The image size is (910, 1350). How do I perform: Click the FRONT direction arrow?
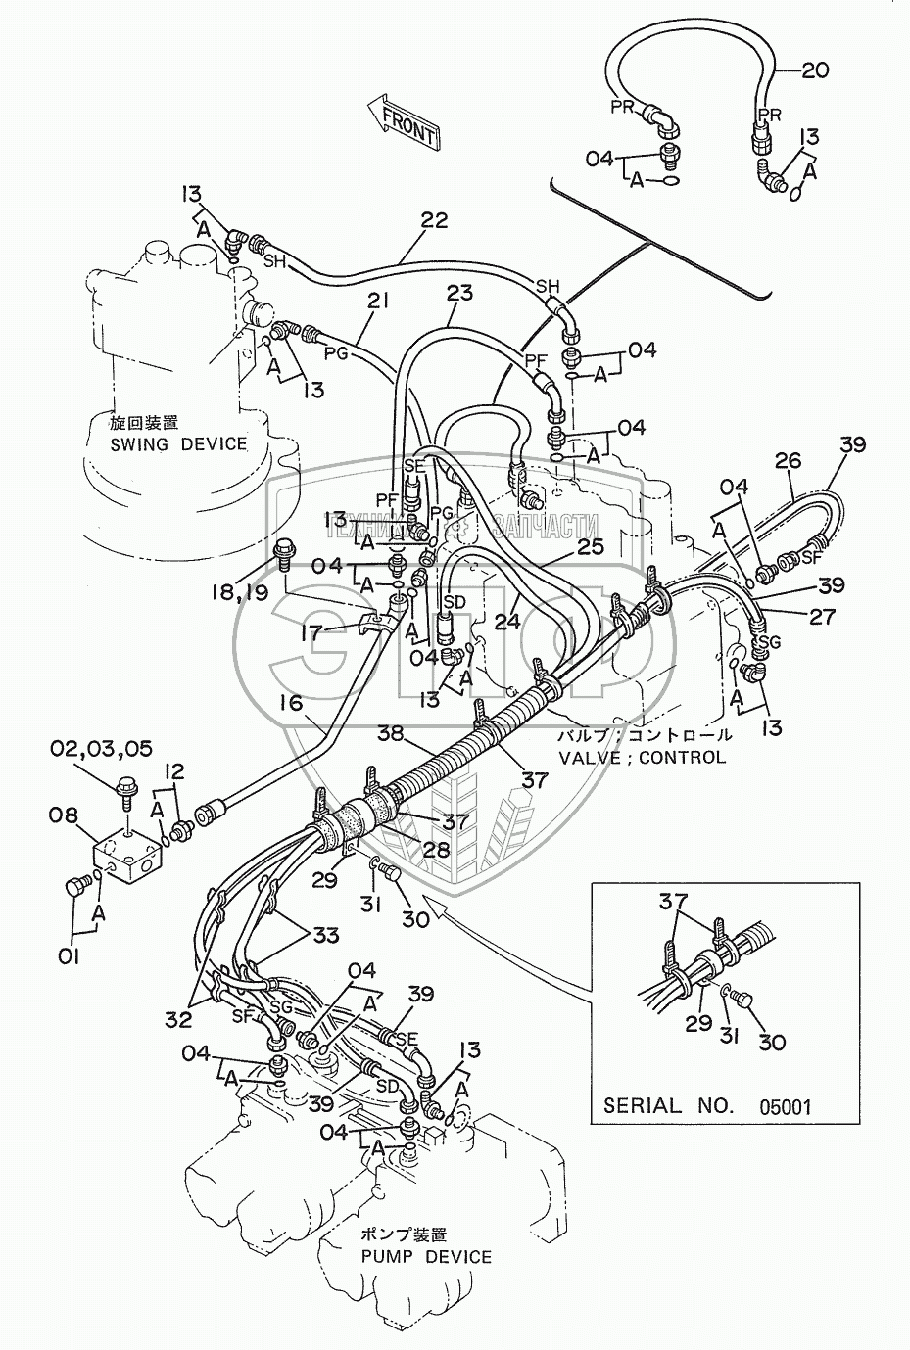pyautogui.click(x=402, y=122)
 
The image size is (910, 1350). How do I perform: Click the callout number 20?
pyautogui.click(x=814, y=70)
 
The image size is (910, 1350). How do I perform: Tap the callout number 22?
pyautogui.click(x=434, y=220)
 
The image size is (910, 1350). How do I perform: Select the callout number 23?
pyautogui.click(x=458, y=292)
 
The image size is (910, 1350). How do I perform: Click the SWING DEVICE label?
pyautogui.click(x=178, y=443)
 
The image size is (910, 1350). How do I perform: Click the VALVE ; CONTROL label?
pyautogui.click(x=642, y=757)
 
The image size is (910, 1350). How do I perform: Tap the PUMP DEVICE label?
pyautogui.click(x=426, y=1256)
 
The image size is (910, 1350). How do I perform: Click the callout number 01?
pyautogui.click(x=68, y=956)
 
